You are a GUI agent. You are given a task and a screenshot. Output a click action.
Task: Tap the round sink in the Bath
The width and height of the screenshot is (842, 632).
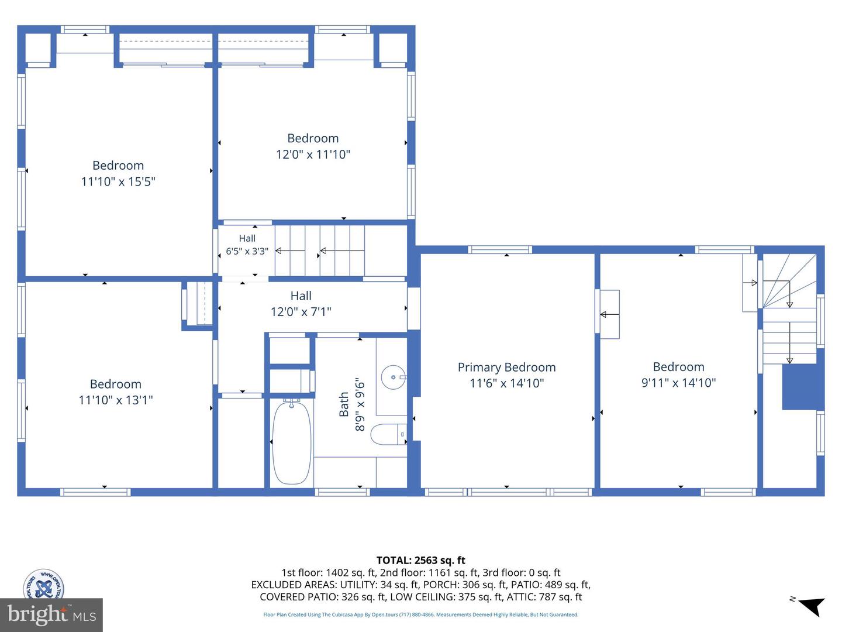pos(393,377)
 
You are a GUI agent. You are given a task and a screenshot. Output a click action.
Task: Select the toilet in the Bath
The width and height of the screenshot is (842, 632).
pos(389,434)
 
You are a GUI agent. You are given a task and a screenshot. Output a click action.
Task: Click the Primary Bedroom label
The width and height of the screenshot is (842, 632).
pos(506,367)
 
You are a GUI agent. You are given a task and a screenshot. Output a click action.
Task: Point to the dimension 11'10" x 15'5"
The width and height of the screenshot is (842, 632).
pos(118,181)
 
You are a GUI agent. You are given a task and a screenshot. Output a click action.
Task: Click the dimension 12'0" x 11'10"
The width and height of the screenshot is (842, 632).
pos(313,154)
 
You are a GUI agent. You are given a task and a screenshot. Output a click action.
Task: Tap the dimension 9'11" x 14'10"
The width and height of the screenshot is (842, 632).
pos(679,383)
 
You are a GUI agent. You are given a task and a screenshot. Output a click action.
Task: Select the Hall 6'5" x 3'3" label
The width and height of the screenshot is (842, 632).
pos(247,245)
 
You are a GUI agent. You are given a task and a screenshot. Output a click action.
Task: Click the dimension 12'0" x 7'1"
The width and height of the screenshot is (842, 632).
pos(301,311)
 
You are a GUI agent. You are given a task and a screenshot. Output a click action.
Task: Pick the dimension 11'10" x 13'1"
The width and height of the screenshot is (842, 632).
pos(115,400)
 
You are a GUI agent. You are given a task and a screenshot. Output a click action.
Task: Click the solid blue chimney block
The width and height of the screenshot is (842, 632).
pos(803,386)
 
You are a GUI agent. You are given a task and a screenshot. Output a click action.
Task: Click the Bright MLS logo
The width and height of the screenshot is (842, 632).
pos(51,614)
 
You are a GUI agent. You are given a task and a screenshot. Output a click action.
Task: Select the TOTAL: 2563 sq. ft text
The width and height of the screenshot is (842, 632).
pos(421,560)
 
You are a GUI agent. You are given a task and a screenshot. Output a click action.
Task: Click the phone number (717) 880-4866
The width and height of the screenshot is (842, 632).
pos(418,614)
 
